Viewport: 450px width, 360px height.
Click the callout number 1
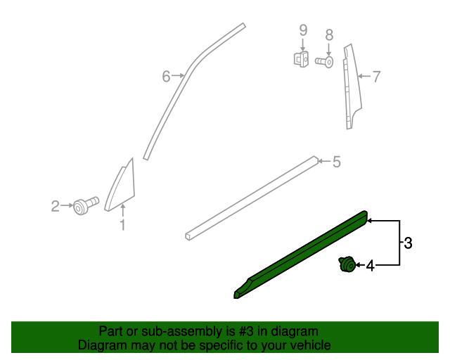[x=122, y=225]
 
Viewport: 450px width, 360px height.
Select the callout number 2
[x=55, y=206]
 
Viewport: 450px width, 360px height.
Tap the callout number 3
[x=407, y=244]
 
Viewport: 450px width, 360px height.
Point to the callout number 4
[x=370, y=266]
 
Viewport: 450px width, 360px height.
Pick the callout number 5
[x=336, y=162]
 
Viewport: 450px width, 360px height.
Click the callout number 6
[x=166, y=76]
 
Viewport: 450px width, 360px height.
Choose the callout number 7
[x=376, y=76]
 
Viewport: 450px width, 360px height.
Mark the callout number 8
[x=328, y=34]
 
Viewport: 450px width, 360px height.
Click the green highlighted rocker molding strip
[x=302, y=252]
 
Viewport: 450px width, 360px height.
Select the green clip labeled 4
[x=346, y=265]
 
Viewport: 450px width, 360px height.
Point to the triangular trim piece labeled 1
[x=122, y=184]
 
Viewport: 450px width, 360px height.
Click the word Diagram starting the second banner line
[x=101, y=345]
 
